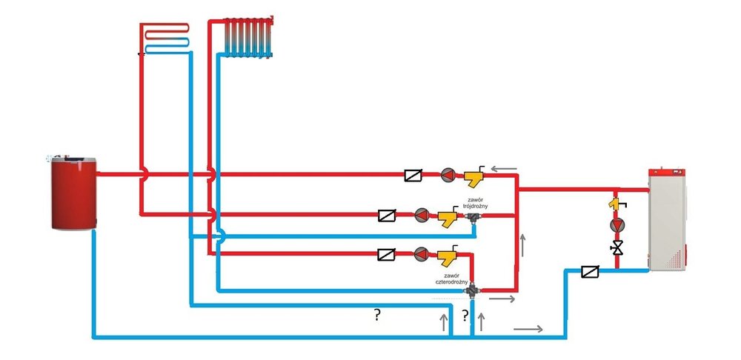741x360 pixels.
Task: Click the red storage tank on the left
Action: pyautogui.click(x=73, y=192)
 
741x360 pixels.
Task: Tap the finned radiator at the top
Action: pyautogui.click(x=248, y=36)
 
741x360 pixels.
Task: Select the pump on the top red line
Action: pyautogui.click(x=448, y=176)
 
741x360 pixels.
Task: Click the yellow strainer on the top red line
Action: pyautogui.click(x=473, y=176)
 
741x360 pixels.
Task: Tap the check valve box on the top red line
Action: pyautogui.click(x=414, y=176)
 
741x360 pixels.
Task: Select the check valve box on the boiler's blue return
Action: pyautogui.click(x=591, y=272)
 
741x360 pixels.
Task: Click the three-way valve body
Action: pyautogui.click(x=473, y=218)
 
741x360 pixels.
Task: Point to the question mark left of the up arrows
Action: pyautogui.click(x=377, y=316)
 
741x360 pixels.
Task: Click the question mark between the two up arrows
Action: pyautogui.click(x=465, y=316)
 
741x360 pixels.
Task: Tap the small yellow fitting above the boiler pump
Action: pyautogui.click(x=615, y=202)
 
